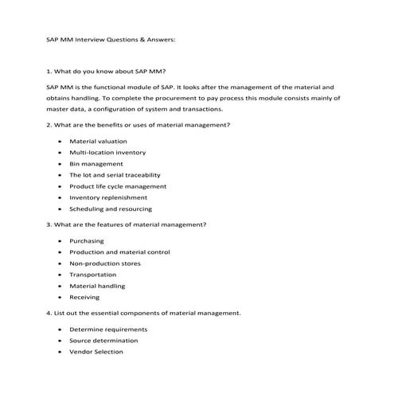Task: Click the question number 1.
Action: (49, 72)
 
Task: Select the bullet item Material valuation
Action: (98, 141)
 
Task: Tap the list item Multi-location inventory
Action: (107, 152)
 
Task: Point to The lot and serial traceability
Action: (115, 174)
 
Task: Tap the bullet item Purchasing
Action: (87, 240)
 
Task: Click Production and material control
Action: (119, 252)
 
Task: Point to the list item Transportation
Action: (93, 274)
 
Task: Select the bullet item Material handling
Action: (97, 286)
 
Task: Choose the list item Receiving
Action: (84, 297)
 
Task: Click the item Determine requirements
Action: (108, 329)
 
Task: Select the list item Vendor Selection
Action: (96, 351)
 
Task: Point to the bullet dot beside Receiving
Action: (59, 297)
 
